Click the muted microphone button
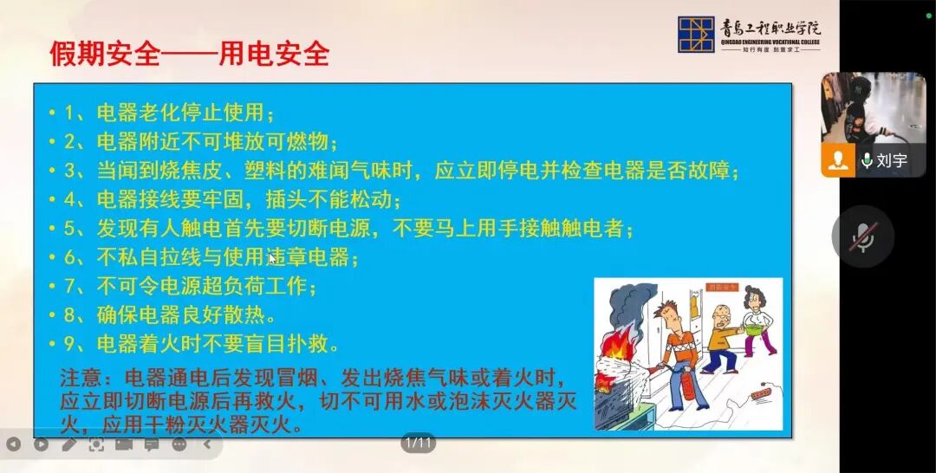(x=862, y=236)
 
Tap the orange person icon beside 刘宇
(x=837, y=161)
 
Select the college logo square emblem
(x=696, y=35)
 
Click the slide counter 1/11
(x=418, y=444)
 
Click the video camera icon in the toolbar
(x=124, y=444)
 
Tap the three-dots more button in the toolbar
(x=179, y=444)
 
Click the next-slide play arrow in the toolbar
(x=41, y=444)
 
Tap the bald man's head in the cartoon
(x=717, y=314)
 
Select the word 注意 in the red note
(x=81, y=379)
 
